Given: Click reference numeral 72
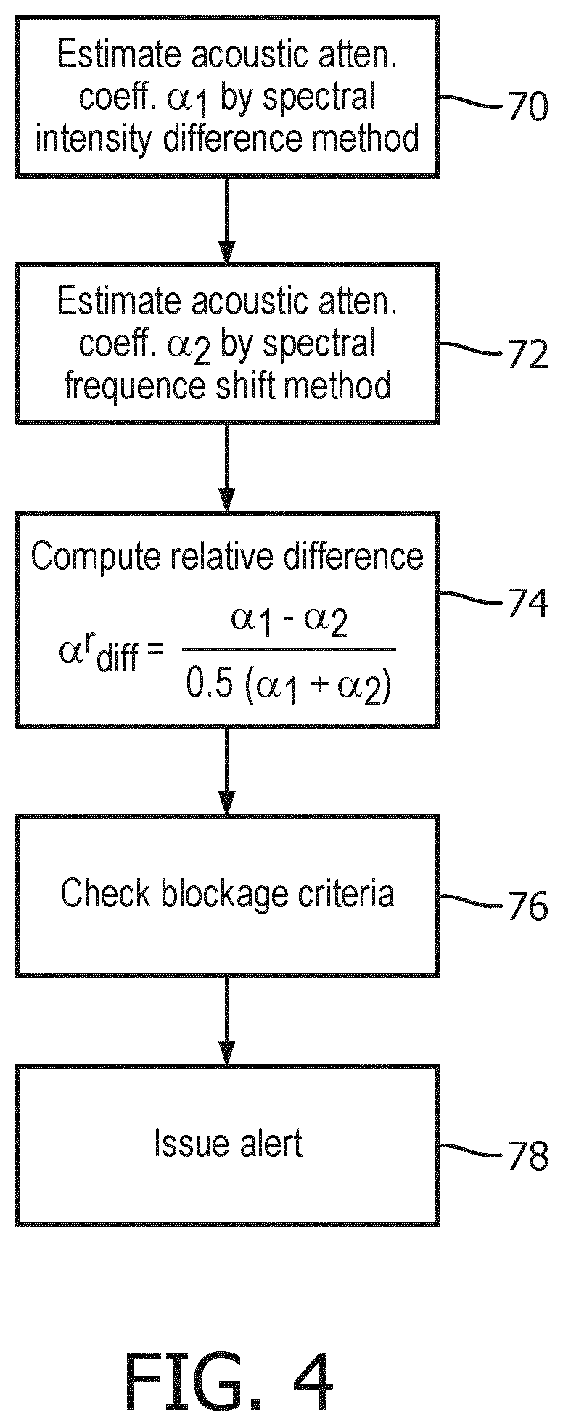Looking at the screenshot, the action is click(526, 356).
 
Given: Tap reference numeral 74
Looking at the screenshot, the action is click(526, 604).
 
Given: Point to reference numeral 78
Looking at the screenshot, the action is click(526, 1156).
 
